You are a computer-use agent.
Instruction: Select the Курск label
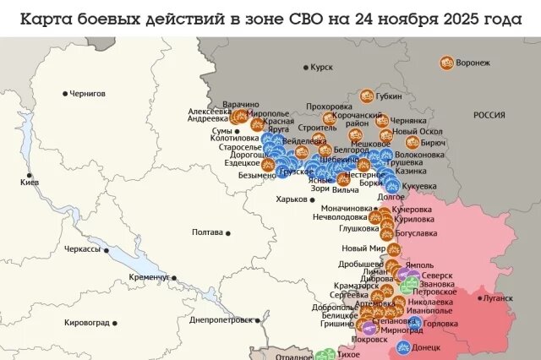322,67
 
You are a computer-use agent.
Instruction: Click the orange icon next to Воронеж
446,62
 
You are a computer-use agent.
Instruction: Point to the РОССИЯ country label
489,115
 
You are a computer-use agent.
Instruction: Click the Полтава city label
207,232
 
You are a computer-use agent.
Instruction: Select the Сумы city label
221,131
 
